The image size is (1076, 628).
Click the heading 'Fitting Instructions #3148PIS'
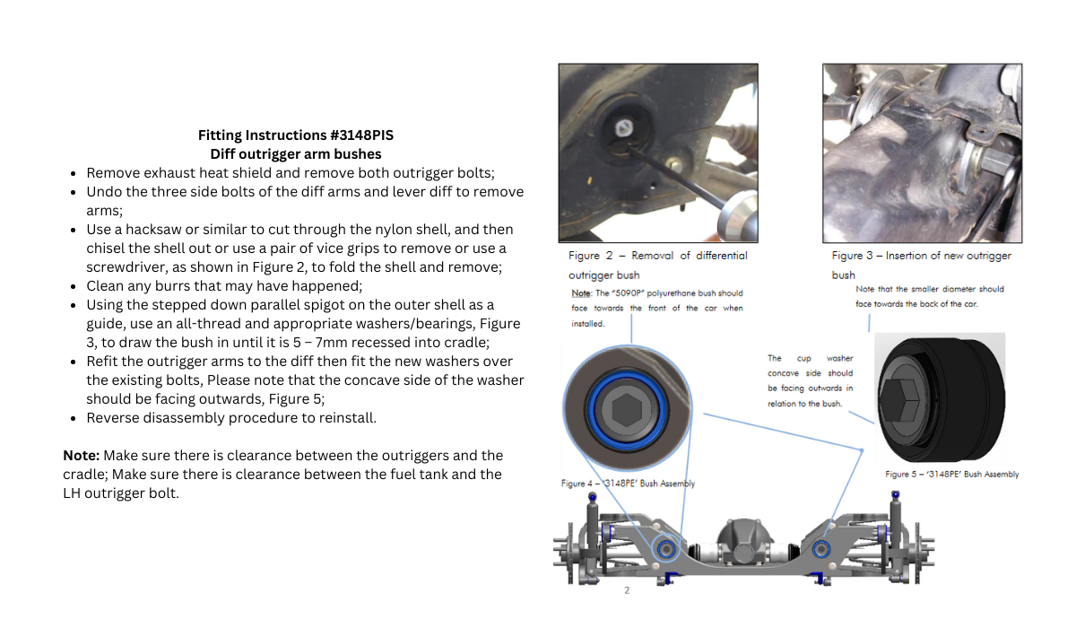295,135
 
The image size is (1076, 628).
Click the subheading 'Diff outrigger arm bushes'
295,153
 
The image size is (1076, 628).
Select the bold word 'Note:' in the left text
82,456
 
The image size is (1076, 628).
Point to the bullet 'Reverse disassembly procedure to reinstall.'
231,417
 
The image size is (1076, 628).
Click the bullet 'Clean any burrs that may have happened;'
223,286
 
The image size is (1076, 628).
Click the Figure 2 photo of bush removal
657,153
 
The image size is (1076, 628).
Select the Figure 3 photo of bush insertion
922,153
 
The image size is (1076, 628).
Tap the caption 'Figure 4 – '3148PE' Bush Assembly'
628,484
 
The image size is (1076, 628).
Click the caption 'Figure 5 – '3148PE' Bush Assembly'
951,475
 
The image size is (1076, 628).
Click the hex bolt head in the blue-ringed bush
629,409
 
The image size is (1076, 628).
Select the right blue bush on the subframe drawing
821,548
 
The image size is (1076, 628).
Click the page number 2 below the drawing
627,590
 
